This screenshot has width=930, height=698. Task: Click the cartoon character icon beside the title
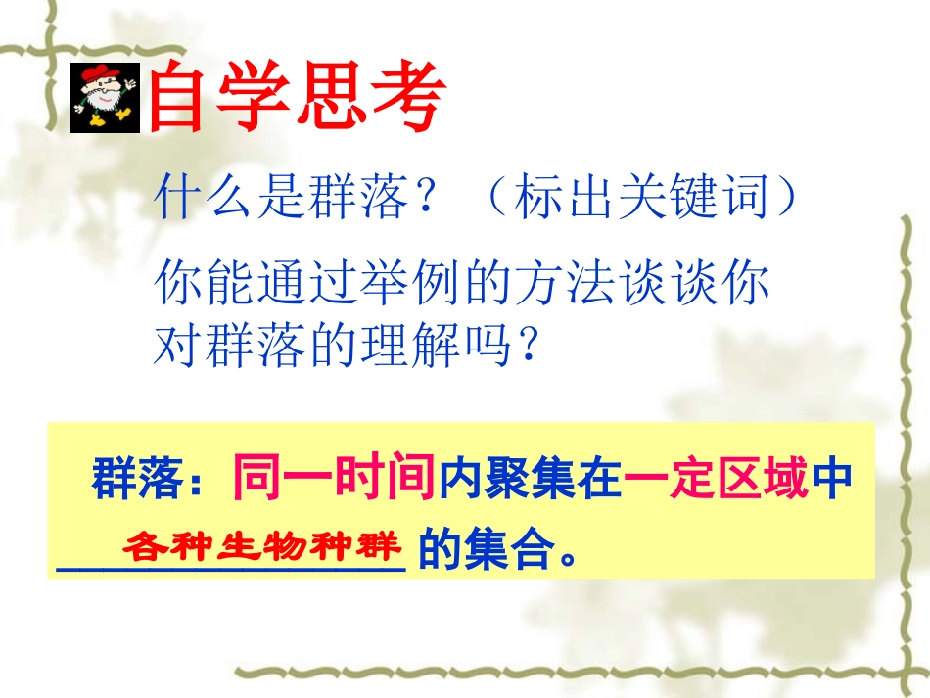106,98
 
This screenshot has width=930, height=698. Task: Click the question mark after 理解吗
530,346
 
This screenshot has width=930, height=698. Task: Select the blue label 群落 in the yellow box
132,482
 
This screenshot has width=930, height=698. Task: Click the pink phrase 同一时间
334,480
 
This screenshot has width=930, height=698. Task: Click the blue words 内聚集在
530,482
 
